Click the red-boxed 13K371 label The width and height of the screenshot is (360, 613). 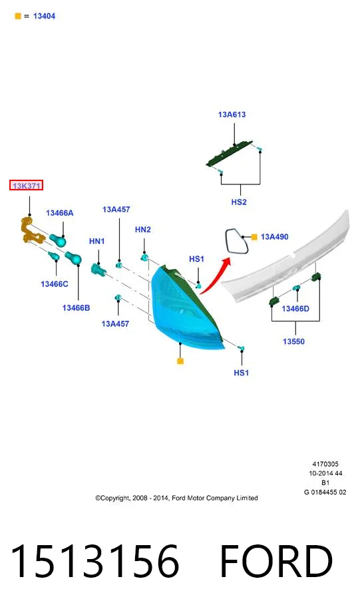click(26, 186)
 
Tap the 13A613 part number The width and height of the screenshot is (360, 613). click(232, 114)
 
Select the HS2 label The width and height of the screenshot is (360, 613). click(239, 202)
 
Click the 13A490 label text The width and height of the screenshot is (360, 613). click(274, 236)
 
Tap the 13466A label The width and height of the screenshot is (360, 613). click(59, 213)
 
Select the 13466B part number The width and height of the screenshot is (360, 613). click(76, 307)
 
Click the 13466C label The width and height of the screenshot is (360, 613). click(55, 284)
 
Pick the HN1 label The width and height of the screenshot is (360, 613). click(97, 241)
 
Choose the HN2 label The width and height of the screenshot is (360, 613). click(142, 230)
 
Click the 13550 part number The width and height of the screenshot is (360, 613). click(293, 341)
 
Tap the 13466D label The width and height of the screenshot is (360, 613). click(295, 308)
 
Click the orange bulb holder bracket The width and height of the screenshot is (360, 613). click(31, 232)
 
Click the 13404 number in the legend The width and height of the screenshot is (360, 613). click(44, 16)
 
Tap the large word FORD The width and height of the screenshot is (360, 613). click(276, 561)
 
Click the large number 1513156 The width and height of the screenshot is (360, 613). click(95, 561)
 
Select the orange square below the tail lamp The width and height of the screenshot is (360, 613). click(180, 361)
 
